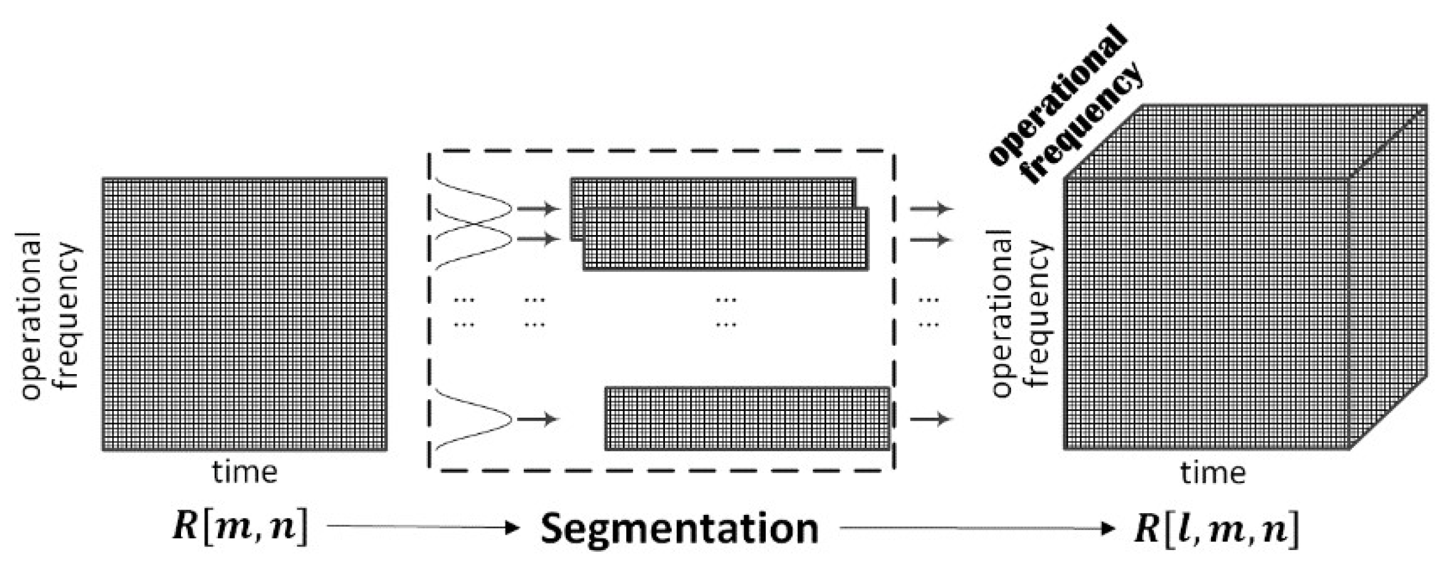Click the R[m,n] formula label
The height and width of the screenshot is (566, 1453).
click(x=239, y=528)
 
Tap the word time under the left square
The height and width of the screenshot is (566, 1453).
click(x=245, y=472)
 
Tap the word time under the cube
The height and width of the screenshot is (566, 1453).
click(x=1213, y=472)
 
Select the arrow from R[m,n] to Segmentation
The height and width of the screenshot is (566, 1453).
click(x=422, y=527)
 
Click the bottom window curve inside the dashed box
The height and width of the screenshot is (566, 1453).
click(x=474, y=419)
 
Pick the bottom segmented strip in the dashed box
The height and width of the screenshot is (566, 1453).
click(x=747, y=419)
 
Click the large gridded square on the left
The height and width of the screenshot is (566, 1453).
click(x=244, y=315)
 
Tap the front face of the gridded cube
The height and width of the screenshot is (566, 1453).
click(x=1207, y=314)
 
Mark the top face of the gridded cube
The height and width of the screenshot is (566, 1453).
click(x=1247, y=141)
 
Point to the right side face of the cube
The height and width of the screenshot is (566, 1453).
click(x=1389, y=277)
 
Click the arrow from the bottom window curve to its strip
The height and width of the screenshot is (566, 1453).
click(x=537, y=420)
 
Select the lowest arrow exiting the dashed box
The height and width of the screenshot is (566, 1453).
click(x=931, y=420)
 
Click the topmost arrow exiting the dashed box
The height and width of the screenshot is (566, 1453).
click(x=931, y=209)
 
